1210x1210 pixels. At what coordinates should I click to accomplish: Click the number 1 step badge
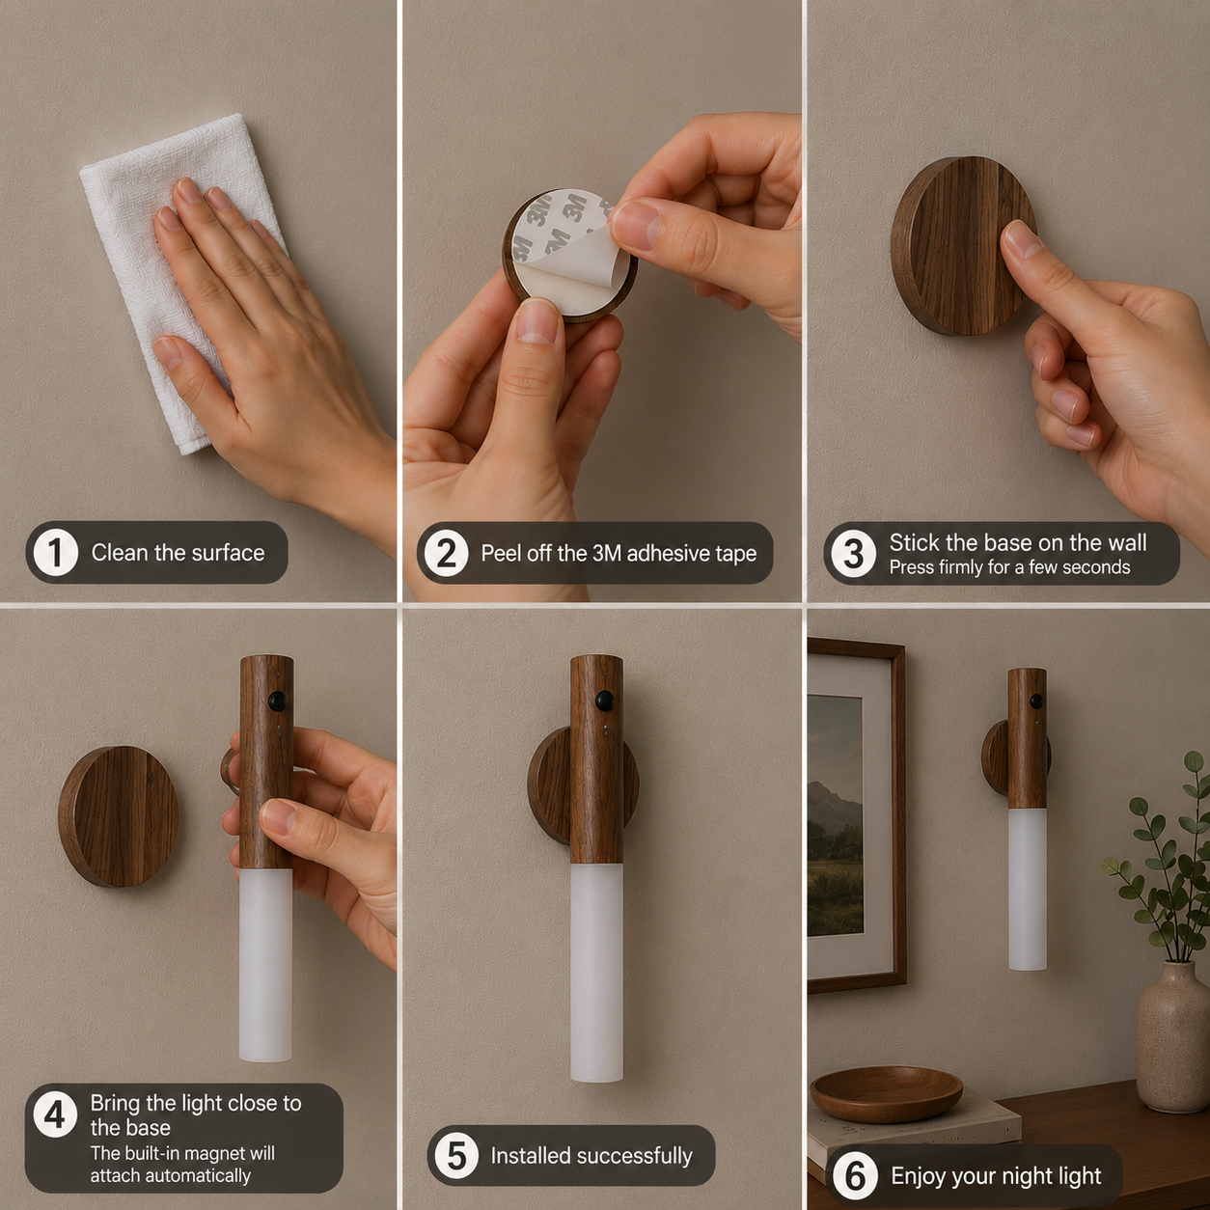tap(55, 553)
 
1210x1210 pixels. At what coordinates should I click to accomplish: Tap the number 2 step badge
tap(446, 553)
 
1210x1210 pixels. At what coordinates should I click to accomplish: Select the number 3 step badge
tap(853, 554)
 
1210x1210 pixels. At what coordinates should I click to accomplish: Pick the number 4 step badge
tap(55, 1114)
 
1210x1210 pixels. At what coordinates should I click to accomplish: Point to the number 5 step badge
tap(456, 1155)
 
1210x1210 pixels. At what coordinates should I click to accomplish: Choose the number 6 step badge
tap(855, 1175)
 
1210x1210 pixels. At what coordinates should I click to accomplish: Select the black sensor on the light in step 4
tap(276, 700)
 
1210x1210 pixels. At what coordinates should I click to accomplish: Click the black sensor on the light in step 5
tap(605, 700)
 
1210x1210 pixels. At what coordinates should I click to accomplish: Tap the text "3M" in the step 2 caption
tap(606, 553)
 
